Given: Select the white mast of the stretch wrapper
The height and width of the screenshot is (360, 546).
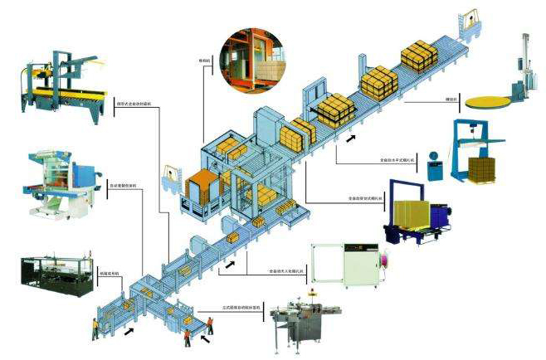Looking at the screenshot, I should click(524, 62).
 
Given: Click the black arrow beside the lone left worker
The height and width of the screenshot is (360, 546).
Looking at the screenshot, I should click(129, 332).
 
